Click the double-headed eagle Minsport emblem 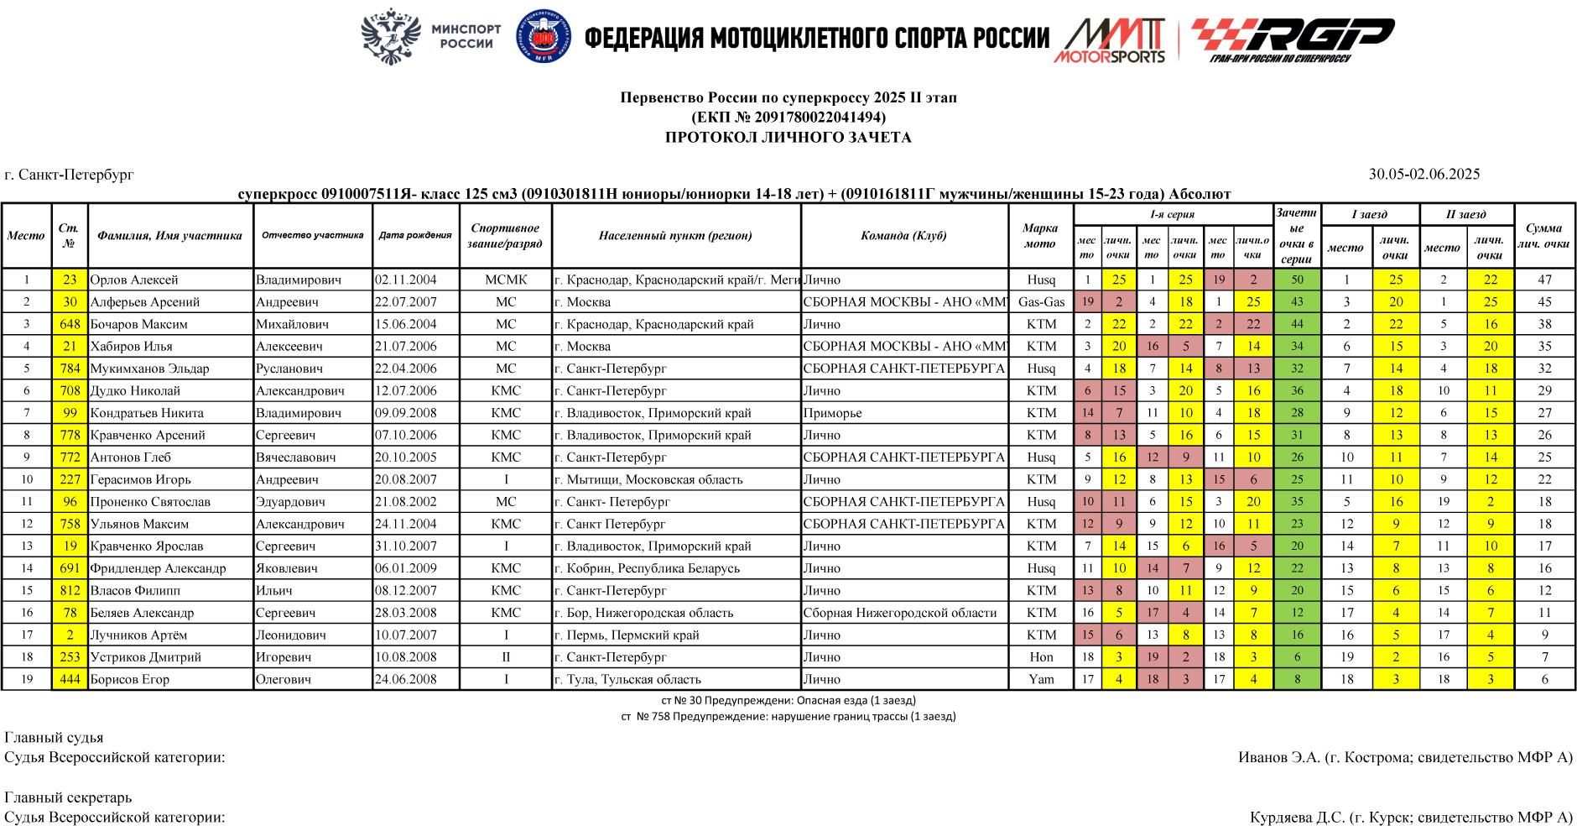tap(390, 36)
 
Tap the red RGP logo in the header tap(1292, 39)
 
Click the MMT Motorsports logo tap(1111, 40)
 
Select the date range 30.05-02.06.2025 tap(1424, 174)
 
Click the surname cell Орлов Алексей tap(134, 280)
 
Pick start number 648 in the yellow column tap(70, 324)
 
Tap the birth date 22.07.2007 tap(406, 301)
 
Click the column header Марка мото tap(1040, 236)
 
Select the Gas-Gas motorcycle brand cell tap(1041, 301)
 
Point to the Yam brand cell tap(1041, 679)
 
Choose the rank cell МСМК tap(506, 280)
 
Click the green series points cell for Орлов tap(1297, 280)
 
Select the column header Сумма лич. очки tap(1543, 236)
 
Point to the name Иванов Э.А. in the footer tap(1279, 757)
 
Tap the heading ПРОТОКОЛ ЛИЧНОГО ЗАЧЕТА tap(788, 137)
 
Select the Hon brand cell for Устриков tap(1041, 657)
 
